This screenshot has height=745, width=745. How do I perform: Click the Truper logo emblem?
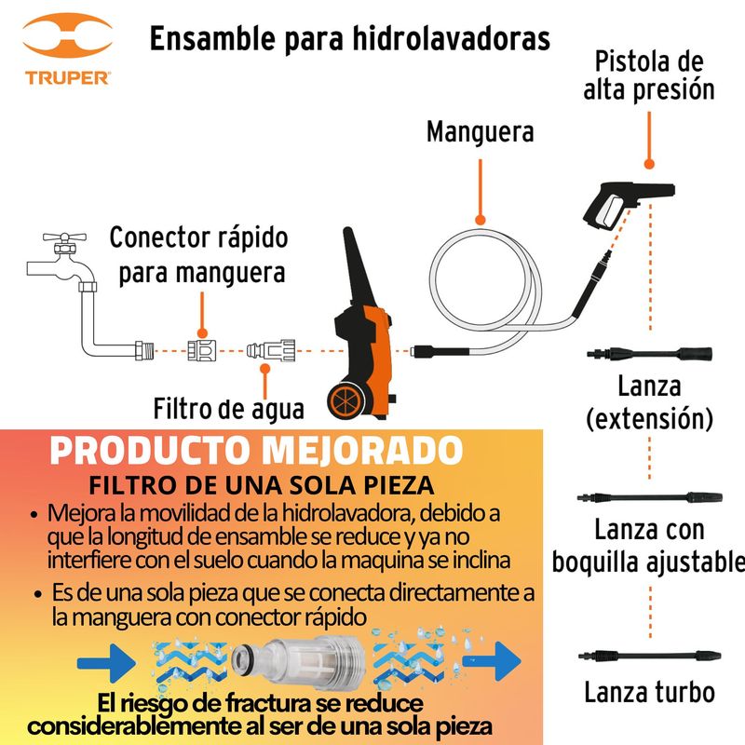(x=67, y=35)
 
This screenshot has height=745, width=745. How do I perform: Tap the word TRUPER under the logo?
(x=67, y=78)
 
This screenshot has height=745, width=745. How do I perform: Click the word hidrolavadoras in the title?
(x=452, y=38)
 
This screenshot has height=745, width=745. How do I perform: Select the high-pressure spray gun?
(x=627, y=204)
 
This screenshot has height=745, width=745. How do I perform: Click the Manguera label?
(x=480, y=131)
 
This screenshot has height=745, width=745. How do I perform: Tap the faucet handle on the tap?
(x=64, y=237)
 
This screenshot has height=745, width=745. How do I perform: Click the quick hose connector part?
(x=202, y=351)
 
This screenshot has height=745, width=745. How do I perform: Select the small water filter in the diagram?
(x=271, y=351)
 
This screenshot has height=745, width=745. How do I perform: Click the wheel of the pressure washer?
(x=345, y=402)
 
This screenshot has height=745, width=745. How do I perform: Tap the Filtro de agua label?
(x=228, y=409)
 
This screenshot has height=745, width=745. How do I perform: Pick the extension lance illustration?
(x=649, y=354)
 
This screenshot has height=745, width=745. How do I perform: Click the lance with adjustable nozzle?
(x=649, y=498)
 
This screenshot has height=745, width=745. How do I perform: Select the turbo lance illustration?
(x=649, y=656)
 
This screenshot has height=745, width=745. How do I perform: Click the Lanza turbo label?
(x=649, y=692)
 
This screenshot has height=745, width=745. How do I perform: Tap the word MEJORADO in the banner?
(x=363, y=450)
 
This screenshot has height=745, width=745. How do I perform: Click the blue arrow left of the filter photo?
(x=106, y=662)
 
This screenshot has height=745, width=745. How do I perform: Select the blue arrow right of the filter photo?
(x=492, y=661)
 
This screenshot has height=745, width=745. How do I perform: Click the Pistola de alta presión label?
(x=649, y=76)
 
